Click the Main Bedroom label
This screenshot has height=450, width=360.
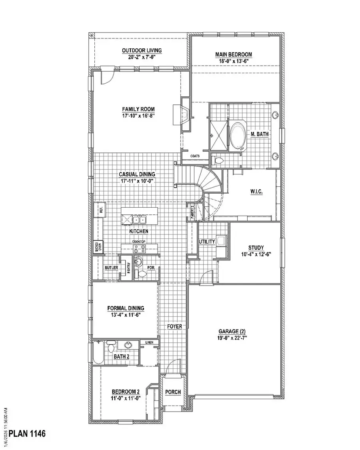[x=234, y=55]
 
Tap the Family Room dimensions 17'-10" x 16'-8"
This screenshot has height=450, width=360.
[x=138, y=116]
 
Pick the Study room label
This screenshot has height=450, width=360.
[x=256, y=248]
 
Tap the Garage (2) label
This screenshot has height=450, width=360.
[x=234, y=331]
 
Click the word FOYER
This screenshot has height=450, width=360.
[x=174, y=326]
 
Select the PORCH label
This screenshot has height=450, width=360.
[x=173, y=392]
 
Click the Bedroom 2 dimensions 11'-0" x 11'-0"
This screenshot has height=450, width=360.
[x=125, y=398]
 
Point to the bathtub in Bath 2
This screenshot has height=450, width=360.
[x=98, y=353]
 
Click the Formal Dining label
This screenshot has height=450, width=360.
[x=126, y=308]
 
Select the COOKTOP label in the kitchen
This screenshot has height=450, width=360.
[x=139, y=242]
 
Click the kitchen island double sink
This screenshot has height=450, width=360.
[x=139, y=220]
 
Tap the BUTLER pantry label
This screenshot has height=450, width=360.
[x=111, y=268]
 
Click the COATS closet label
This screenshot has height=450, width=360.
[x=195, y=156]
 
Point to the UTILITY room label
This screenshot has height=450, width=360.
[x=207, y=242]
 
